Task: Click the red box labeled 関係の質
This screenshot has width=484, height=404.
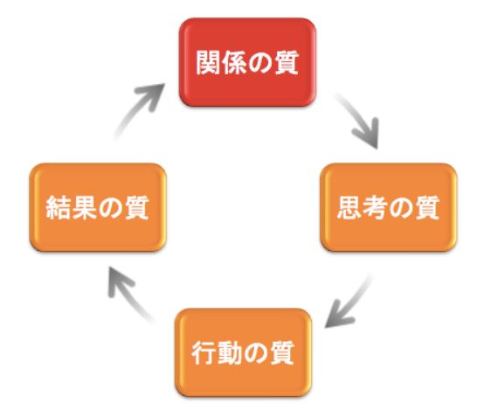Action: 247,62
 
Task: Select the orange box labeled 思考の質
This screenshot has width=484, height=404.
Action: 388,207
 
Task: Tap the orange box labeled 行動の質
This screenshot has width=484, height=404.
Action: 243,352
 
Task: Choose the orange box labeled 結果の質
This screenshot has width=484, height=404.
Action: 98,207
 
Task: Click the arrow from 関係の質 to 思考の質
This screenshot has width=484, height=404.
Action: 360,119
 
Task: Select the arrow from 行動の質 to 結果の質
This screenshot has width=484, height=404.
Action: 128,294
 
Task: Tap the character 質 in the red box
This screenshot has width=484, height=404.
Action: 287,63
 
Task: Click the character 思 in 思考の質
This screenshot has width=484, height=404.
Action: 349,208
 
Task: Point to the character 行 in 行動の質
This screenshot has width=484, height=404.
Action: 204,353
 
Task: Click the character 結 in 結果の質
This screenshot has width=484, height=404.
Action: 59,208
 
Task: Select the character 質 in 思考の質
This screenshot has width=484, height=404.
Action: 427,208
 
